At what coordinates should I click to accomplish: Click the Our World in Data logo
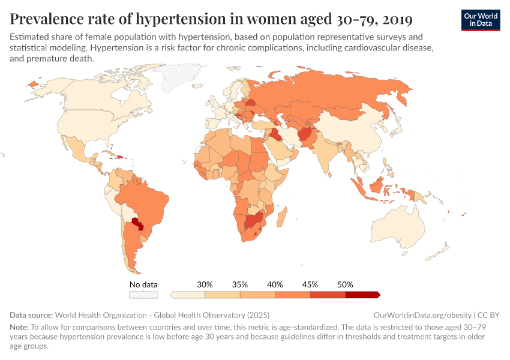480,20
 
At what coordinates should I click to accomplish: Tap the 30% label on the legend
205,284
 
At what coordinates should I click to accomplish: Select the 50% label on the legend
345,284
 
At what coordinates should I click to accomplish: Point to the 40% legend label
275,284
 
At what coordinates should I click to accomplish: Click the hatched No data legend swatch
143,295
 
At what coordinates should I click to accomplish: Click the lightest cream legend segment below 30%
188,295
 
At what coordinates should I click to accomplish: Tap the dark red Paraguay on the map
137,224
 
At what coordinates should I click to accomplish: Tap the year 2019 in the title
395,19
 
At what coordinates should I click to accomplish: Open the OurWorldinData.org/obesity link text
422,314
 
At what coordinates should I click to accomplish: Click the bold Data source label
31,314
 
